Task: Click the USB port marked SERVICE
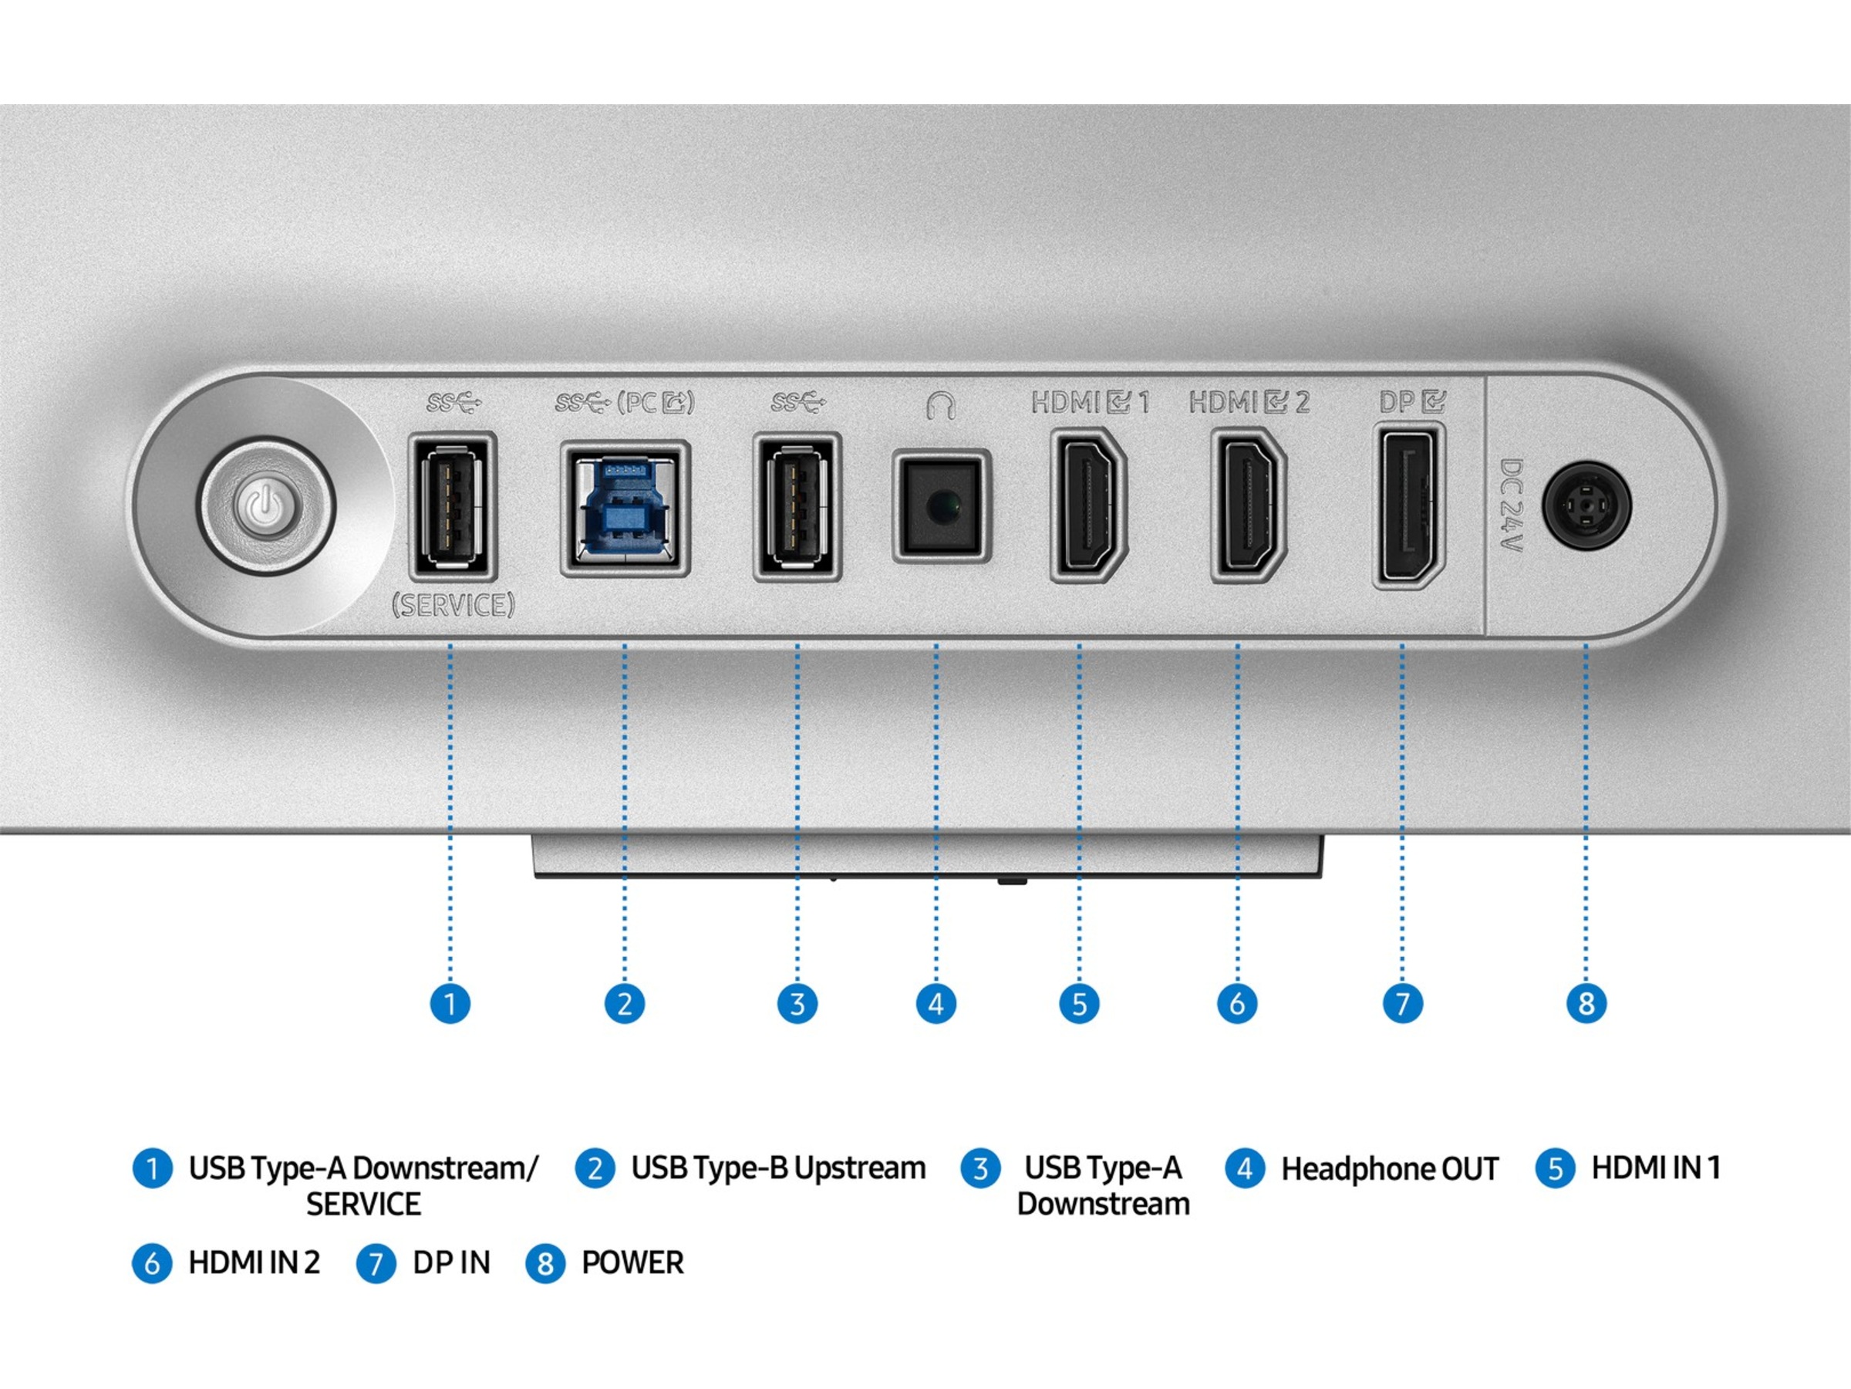[453, 505]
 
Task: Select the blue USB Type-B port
[624, 509]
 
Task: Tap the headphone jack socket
[942, 506]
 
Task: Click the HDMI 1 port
[1087, 505]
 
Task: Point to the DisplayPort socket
[1408, 505]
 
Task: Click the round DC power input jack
[1586, 505]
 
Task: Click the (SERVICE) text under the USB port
[453, 604]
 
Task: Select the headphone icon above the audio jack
[941, 405]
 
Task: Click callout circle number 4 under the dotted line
[936, 1003]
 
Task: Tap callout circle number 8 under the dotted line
[1586, 1003]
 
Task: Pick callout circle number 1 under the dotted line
[450, 1003]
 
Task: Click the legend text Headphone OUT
[1389, 1169]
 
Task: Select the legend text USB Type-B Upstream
[778, 1168]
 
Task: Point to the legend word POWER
[632, 1262]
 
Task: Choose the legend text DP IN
[451, 1262]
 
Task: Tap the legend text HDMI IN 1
[1655, 1168]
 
